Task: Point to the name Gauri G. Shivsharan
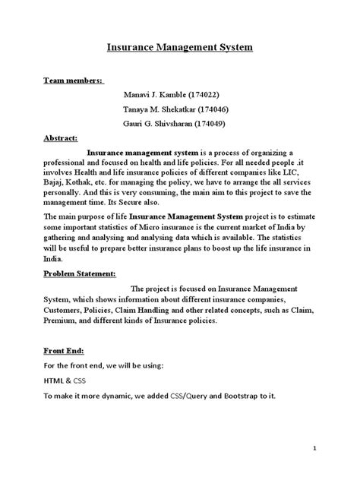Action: [162, 123]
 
